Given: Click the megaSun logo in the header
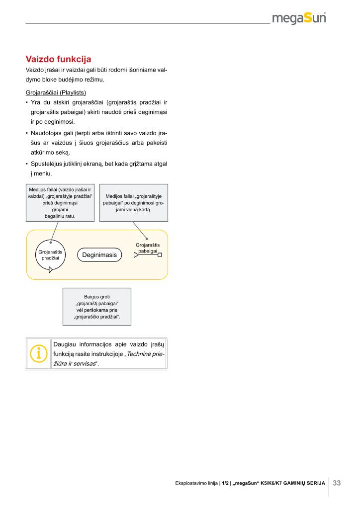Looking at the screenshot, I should [x=299, y=18].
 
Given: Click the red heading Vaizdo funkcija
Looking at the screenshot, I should [x=58, y=60].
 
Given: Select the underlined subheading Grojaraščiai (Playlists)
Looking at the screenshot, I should [x=56, y=92].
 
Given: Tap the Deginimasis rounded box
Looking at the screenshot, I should [x=99, y=255].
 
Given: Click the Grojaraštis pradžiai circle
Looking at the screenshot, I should [x=50, y=255].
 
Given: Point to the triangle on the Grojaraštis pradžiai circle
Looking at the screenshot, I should [x=51, y=271].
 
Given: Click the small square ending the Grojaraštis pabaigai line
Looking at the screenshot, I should [x=160, y=255].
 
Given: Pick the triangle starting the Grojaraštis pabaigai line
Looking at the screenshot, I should [x=136, y=255].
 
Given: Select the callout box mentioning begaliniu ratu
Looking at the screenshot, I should [x=60, y=203].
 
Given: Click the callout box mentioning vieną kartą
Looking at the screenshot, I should [x=133, y=203].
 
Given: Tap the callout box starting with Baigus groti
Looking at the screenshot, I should [x=97, y=306].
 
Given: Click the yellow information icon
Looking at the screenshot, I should [x=38, y=353].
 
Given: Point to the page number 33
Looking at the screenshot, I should [x=337, y=483].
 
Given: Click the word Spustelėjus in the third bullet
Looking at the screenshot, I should [x=47, y=164].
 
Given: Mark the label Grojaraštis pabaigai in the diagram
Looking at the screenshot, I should [x=148, y=248].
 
